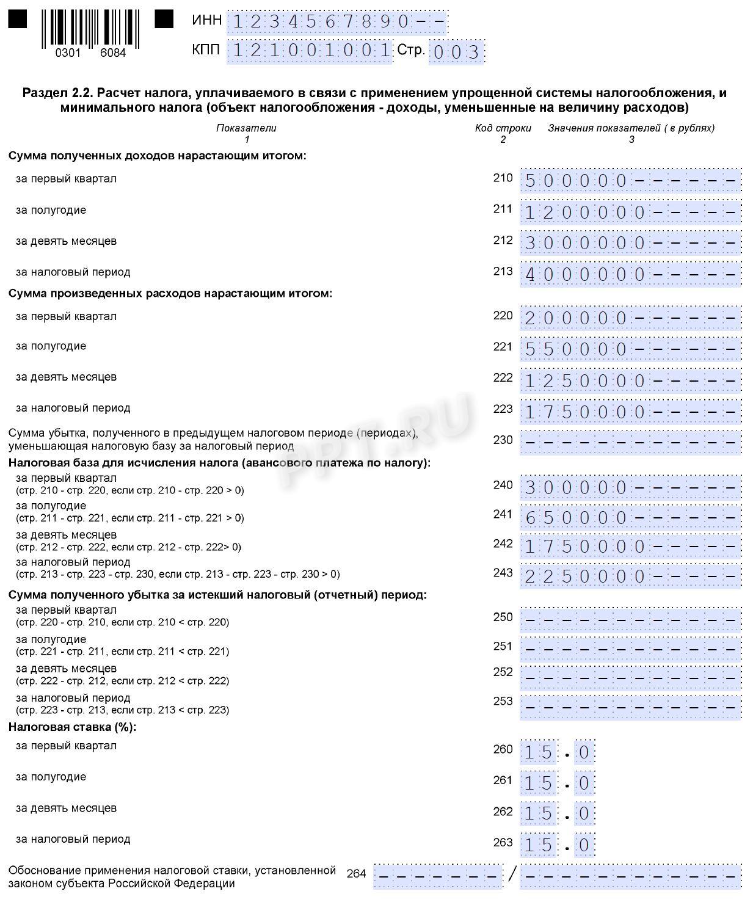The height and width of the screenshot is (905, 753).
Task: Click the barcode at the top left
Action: coord(90,29)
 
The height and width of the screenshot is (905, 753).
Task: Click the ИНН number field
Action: coord(338,23)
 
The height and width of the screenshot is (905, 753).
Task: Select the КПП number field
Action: coord(309,51)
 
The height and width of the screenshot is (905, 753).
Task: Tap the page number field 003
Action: coord(457,53)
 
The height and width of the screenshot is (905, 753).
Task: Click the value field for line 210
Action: coord(631,181)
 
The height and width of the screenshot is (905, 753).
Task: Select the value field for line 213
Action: coord(631,274)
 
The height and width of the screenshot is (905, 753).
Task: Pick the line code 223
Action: coord(503,409)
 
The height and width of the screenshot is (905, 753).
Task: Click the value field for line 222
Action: coord(631,380)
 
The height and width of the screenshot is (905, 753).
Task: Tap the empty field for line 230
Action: coord(631,442)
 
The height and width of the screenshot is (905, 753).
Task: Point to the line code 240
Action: coord(503,485)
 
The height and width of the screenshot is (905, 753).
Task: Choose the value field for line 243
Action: coord(631,576)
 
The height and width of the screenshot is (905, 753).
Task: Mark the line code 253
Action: coord(503,701)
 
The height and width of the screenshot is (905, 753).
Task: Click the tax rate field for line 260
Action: coord(557,752)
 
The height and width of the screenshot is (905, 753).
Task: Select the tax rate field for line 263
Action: coord(557,845)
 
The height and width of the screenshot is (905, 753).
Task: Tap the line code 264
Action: coord(356,874)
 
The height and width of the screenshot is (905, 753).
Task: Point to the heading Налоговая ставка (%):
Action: coord(72,727)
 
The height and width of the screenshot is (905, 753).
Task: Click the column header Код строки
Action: coord(503,128)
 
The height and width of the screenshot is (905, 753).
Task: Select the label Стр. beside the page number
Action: coord(410,50)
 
